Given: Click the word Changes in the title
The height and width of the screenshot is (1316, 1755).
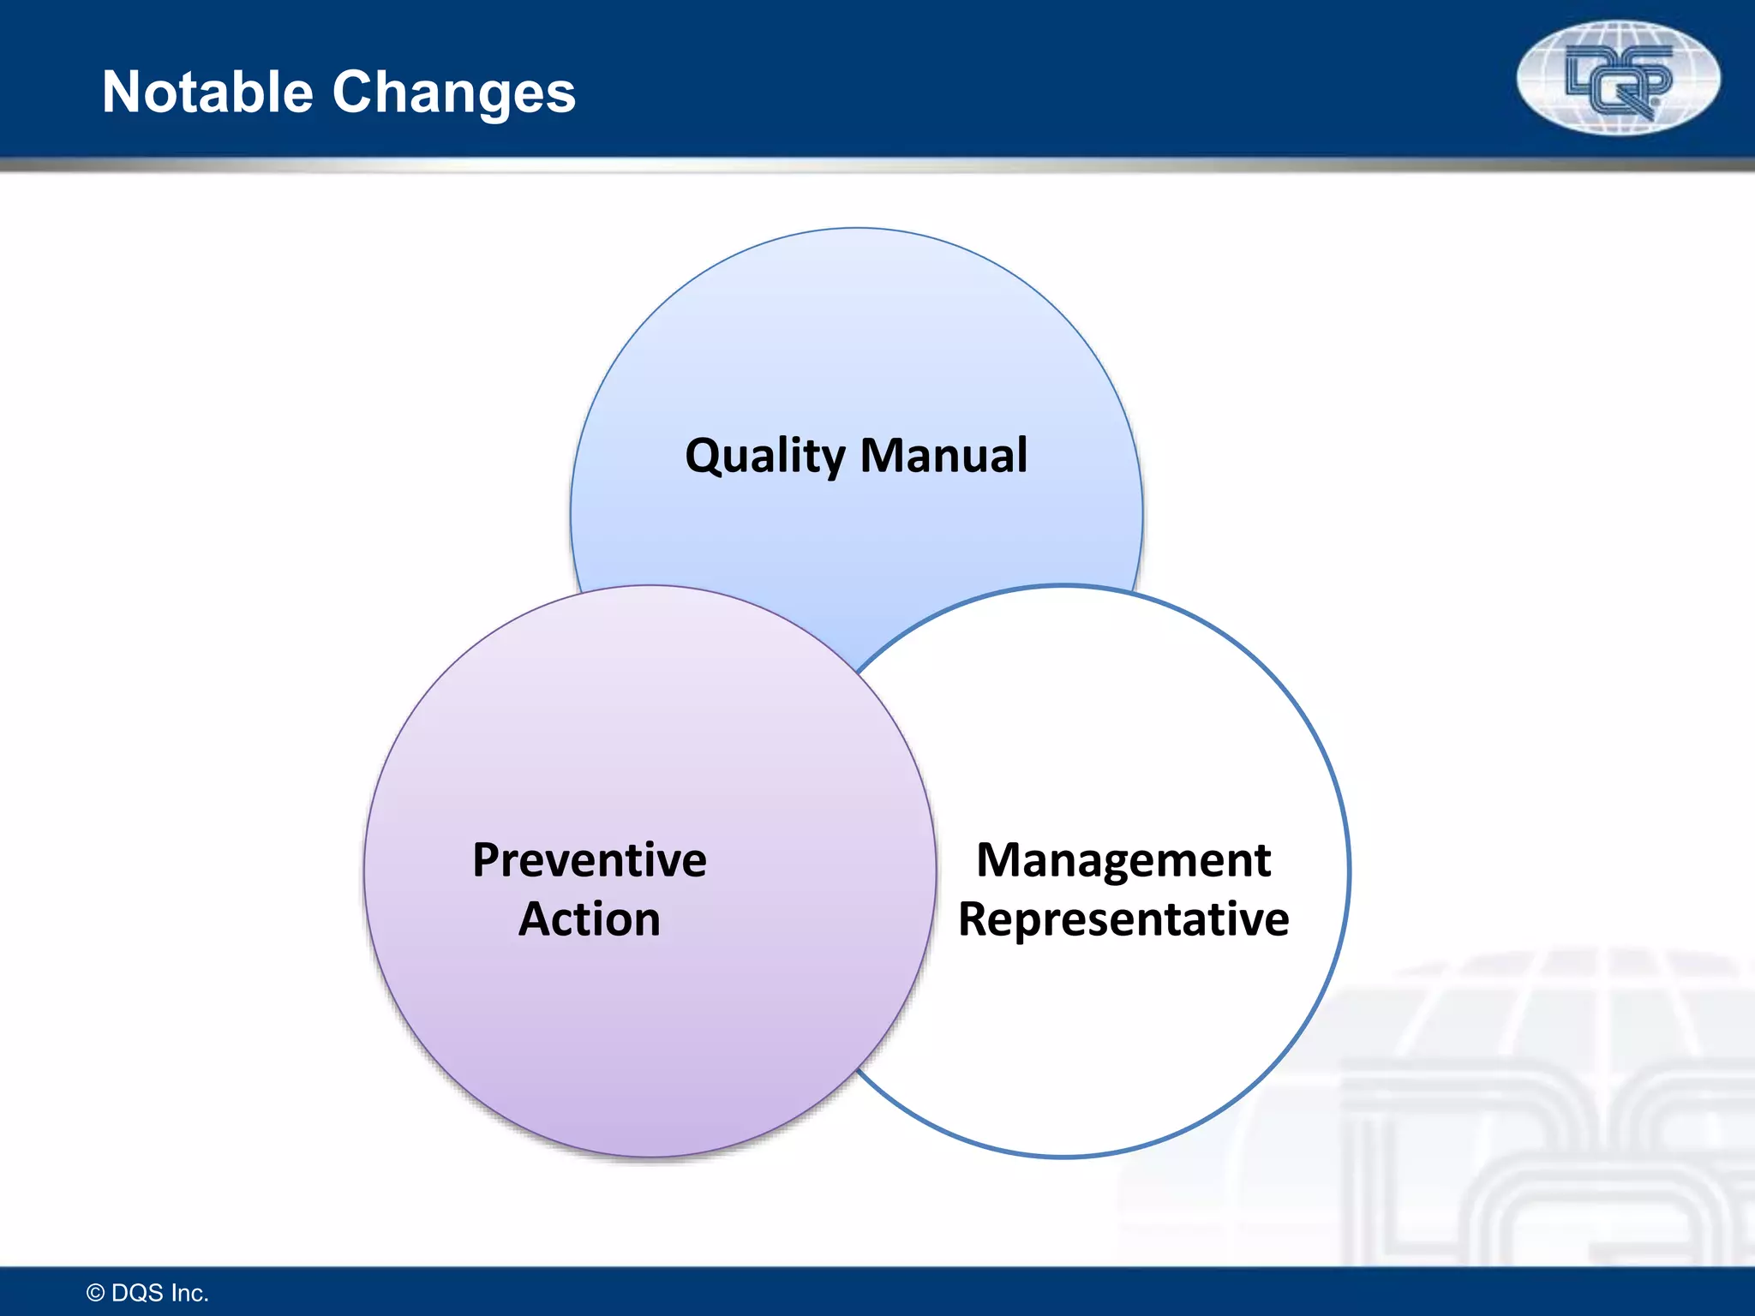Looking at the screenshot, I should pyautogui.click(x=453, y=92).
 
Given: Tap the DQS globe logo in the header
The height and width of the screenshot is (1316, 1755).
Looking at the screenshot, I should pyautogui.click(x=1618, y=78).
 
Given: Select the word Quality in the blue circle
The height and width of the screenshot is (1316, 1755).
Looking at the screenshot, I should pyautogui.click(x=764, y=456).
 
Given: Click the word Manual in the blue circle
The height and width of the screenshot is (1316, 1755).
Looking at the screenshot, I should pyautogui.click(x=943, y=455).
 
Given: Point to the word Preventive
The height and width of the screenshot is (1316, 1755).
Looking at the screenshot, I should pyautogui.click(x=590, y=859).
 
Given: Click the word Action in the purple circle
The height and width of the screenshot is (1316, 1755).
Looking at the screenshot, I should pyautogui.click(x=590, y=919).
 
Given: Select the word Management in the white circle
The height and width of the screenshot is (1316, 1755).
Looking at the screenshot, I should pyautogui.click(x=1123, y=859).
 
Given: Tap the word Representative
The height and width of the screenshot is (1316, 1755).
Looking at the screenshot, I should pyautogui.click(x=1123, y=919).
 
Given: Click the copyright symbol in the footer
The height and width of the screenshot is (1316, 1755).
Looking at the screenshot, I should pyautogui.click(x=96, y=1293).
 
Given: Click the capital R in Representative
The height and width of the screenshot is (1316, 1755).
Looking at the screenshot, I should pyautogui.click(x=973, y=919).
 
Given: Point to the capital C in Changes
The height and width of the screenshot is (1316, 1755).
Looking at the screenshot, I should pyautogui.click(x=355, y=92).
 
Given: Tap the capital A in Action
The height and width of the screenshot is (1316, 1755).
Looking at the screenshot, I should pyautogui.click(x=535, y=919).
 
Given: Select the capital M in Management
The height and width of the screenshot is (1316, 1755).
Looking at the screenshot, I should pyautogui.click(x=999, y=859).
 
